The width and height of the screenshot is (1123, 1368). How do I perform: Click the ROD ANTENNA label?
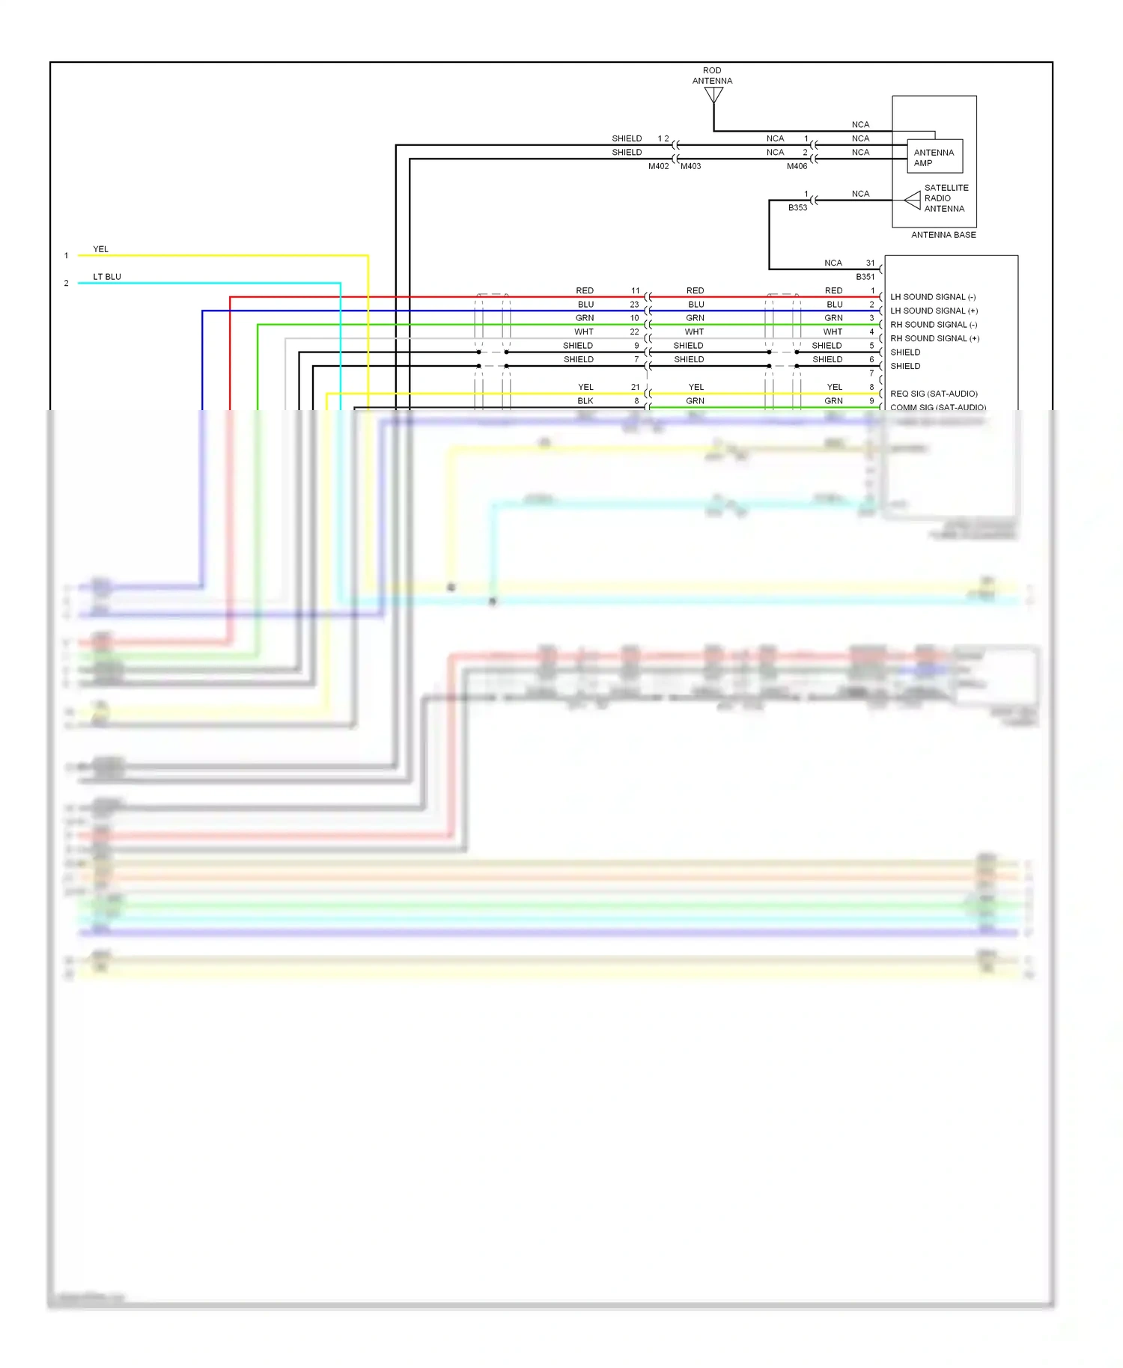click(712, 76)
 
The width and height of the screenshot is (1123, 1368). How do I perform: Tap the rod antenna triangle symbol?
click(713, 95)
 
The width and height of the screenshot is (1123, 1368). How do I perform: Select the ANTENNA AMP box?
click(934, 157)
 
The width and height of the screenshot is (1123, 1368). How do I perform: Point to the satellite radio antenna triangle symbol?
click(913, 200)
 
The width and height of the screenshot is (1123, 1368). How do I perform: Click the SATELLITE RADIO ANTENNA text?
click(946, 198)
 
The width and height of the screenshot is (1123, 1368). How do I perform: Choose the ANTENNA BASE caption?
click(943, 235)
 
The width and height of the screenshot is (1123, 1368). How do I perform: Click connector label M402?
click(658, 166)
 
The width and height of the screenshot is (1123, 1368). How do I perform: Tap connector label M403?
click(690, 166)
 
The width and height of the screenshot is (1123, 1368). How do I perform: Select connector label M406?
click(797, 166)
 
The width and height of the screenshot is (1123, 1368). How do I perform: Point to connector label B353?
click(797, 207)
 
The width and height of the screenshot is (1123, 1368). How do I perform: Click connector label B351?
click(865, 277)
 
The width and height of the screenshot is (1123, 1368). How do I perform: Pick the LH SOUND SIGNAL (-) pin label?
click(933, 297)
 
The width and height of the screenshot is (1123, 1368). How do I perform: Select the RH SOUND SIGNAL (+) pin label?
click(934, 338)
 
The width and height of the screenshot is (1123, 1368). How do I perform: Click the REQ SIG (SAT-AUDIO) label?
click(934, 394)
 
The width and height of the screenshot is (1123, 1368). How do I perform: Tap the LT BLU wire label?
click(107, 277)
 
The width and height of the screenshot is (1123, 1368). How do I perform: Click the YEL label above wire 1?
click(100, 249)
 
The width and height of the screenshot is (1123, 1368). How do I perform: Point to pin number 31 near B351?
click(870, 263)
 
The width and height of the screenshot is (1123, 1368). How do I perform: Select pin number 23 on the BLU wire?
click(634, 305)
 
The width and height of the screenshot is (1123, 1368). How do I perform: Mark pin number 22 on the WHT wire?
click(634, 332)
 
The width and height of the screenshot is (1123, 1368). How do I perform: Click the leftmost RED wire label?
click(585, 290)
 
